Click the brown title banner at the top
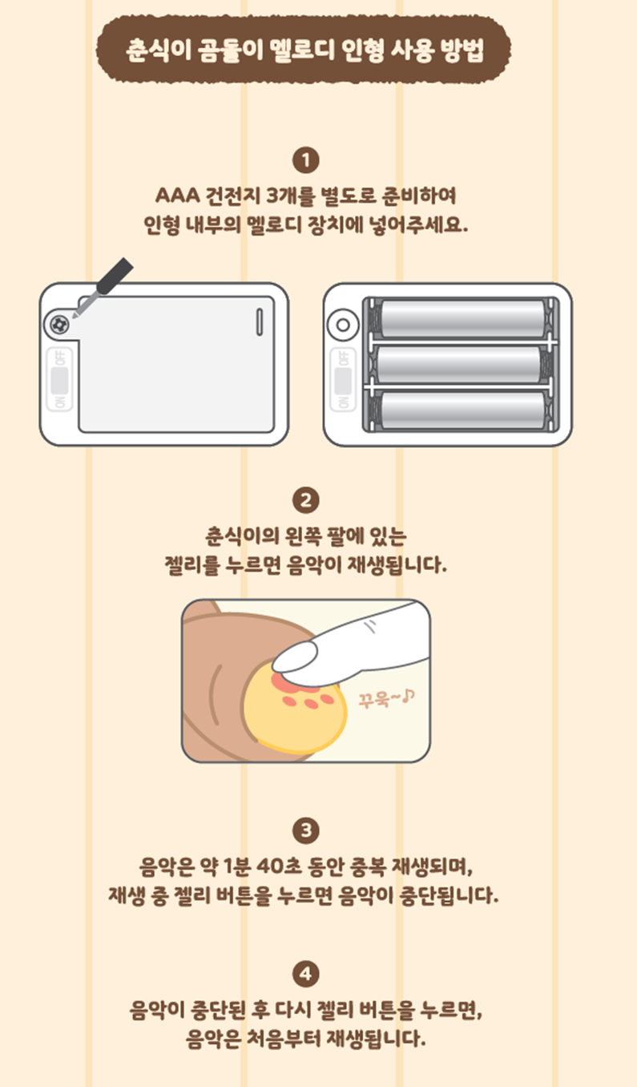303,49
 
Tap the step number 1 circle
305,160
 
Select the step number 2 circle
305,500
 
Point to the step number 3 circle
305,830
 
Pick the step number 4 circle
305,974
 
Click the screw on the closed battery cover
58,324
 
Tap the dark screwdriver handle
115,276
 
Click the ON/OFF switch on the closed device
59,379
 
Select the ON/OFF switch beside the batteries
343,379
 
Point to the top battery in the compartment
462,319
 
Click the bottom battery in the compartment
462,410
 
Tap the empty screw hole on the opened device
343,325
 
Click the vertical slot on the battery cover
260,321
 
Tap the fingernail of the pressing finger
295,657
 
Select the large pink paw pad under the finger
294,683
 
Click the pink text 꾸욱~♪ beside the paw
387,698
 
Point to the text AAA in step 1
178,196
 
